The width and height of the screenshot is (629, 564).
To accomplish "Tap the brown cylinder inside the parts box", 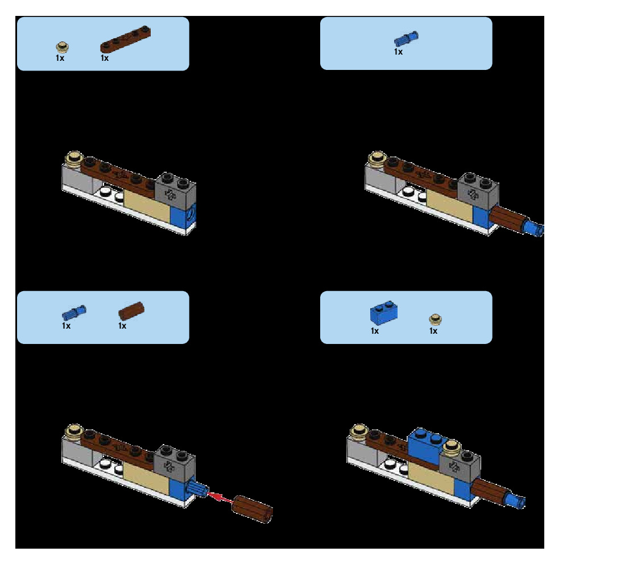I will (x=132, y=310).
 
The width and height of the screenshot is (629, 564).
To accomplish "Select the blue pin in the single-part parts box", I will (x=406, y=39).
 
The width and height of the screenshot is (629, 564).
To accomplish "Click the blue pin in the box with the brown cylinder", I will (x=74, y=312).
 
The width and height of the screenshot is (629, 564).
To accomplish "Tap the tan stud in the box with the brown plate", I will (x=63, y=47).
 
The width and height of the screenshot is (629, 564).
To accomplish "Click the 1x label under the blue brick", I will (x=375, y=331).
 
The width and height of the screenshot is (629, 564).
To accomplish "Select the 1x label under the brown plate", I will (x=105, y=58).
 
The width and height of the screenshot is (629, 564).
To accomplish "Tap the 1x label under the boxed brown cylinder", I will (x=122, y=326).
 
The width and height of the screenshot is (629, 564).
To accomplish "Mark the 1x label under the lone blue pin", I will (x=398, y=52).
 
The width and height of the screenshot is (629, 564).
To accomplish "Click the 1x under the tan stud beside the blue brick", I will (x=433, y=331).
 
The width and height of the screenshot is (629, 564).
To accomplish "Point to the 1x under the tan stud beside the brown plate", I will (x=60, y=58).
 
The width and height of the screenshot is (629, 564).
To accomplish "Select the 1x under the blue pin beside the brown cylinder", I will (x=67, y=326).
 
